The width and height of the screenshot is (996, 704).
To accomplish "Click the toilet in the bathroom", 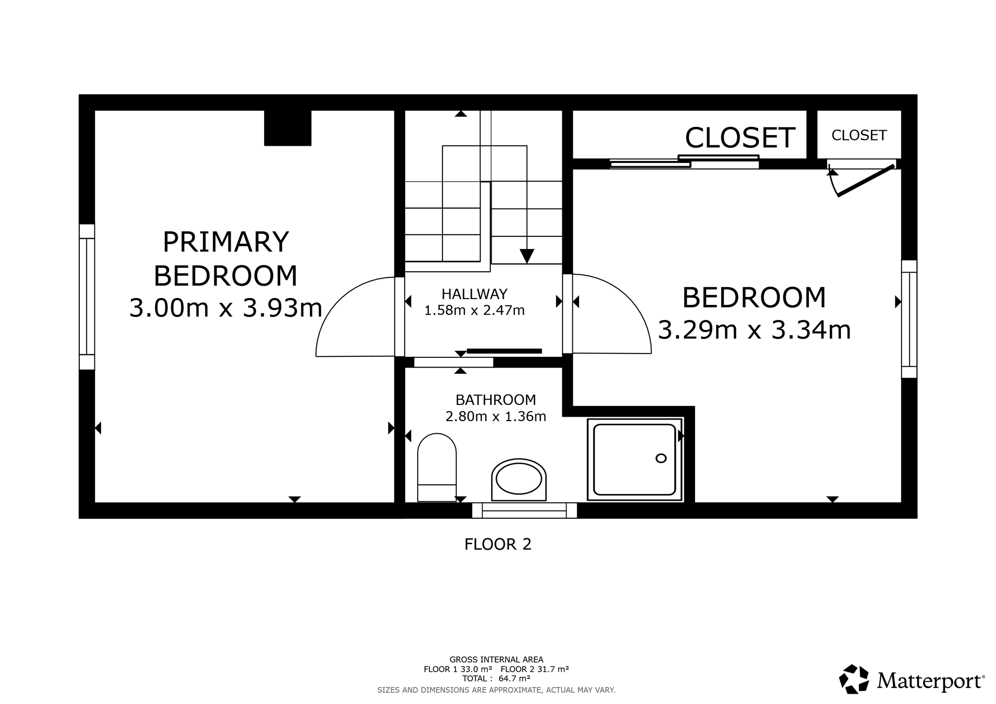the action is pos(437,467).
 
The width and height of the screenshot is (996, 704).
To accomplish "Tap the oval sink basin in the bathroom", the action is pos(518,479).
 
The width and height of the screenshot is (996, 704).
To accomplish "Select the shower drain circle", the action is pos(661,458).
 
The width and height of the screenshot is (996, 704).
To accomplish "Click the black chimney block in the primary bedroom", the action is pos(287,128).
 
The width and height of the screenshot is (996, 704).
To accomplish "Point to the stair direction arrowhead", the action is pos(527,256).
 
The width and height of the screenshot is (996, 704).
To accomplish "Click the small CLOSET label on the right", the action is pos(859,135).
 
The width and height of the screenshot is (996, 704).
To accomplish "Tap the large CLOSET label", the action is pos(740,138).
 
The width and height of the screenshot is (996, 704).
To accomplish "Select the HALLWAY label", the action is pos(474,294).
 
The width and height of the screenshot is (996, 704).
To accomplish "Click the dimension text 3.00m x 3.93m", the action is pos(226,308).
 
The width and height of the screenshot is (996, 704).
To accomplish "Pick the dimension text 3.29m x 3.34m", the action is pos(754,330).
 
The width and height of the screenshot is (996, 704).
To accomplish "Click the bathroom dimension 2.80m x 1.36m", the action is pos(496,417).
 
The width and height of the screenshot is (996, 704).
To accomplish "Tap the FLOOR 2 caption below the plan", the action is pos(498,544).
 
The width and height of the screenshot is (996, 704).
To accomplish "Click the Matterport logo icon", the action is pos(854,679).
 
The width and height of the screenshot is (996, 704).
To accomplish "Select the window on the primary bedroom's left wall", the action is pos(87,297).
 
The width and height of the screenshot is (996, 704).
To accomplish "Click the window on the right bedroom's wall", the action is pos(909,319).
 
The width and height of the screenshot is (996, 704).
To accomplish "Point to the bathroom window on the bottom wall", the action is pos(524,510).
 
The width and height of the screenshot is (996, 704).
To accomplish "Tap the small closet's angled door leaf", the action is pos(866,181).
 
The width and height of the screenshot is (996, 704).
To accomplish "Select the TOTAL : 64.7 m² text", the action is pos(496,679).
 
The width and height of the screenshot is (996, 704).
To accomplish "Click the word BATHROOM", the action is pos(496,400).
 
